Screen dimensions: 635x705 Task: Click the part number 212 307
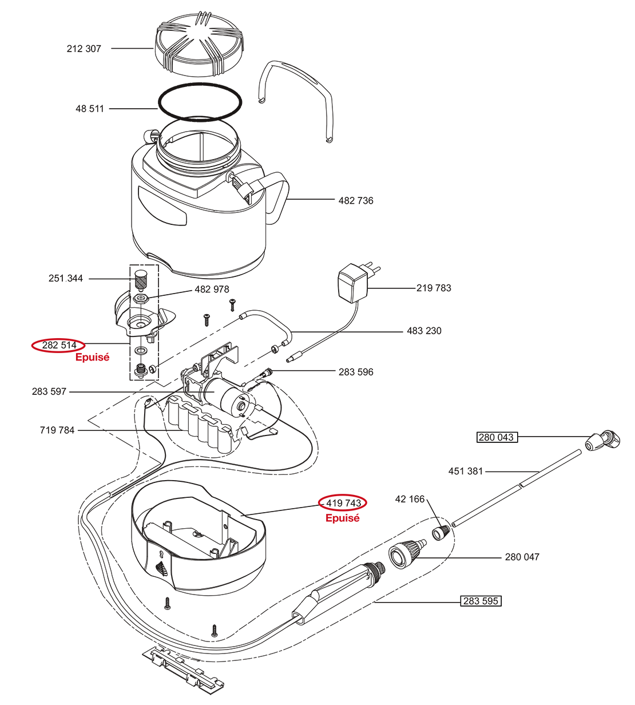tap(84, 49)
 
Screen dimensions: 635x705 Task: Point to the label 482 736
tap(356, 200)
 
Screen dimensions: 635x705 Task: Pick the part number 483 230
tap(424, 331)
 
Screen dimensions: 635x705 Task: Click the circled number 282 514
tap(59, 345)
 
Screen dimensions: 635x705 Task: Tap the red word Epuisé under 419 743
tap(342, 518)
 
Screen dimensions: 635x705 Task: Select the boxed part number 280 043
tap(496, 437)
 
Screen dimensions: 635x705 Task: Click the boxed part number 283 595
tap(481, 601)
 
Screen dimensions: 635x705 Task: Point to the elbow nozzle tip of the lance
tap(602, 441)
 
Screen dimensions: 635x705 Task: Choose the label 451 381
tap(466, 472)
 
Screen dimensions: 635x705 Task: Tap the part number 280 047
tap(522, 557)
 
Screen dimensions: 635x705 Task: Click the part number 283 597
tap(49, 391)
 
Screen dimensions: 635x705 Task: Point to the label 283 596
tap(356, 372)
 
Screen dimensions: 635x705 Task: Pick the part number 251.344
tap(66, 278)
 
